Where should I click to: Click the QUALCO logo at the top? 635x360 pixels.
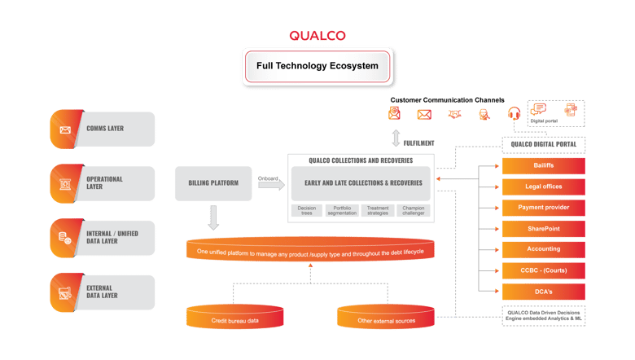317,36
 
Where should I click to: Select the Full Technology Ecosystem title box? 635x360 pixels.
317,65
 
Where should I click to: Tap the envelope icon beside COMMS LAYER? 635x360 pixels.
64,130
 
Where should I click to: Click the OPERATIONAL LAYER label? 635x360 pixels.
106,183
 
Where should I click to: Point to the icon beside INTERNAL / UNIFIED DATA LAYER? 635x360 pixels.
64,238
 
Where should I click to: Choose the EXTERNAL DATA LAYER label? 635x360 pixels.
106,292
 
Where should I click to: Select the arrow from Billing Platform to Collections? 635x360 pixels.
269,185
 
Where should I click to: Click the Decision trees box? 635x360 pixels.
307,211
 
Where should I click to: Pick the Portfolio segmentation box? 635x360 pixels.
342,211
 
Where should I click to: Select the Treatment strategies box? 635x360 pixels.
378,211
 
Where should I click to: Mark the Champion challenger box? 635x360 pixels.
413,211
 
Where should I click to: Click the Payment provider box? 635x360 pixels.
543,208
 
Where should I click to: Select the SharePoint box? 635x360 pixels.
543,229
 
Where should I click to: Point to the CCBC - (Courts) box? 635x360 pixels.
543,270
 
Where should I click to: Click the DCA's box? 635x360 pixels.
543,291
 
